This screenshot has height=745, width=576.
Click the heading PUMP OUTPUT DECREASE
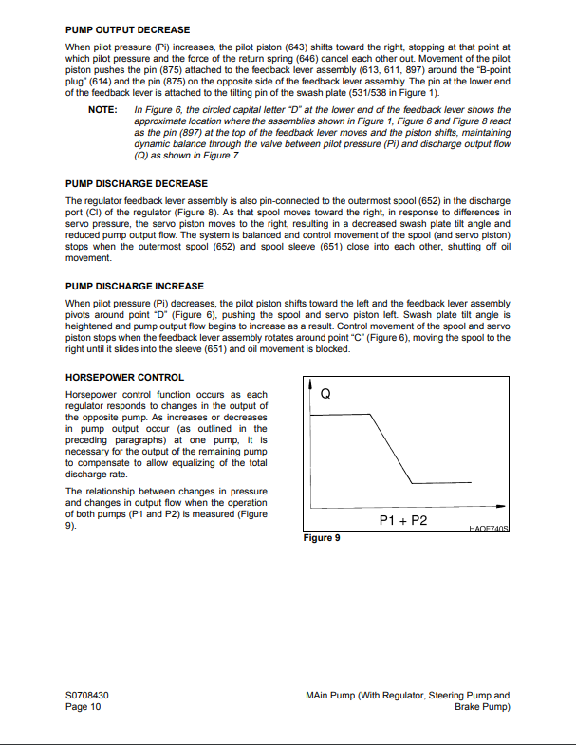pos(127,30)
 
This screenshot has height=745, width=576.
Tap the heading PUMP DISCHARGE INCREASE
pos(135,286)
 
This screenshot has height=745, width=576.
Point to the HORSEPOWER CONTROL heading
pos(123,377)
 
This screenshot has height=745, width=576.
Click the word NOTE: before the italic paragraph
pos(102,111)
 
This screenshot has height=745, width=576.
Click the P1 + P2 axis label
pos(403,521)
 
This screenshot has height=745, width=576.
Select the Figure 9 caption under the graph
pos(322,538)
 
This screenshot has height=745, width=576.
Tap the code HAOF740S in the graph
pos(489,528)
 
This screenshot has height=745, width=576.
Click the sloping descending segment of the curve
pos(391,448)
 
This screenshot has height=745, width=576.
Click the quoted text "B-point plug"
pos(488,66)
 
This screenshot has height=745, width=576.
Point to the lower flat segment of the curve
pos(451,483)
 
